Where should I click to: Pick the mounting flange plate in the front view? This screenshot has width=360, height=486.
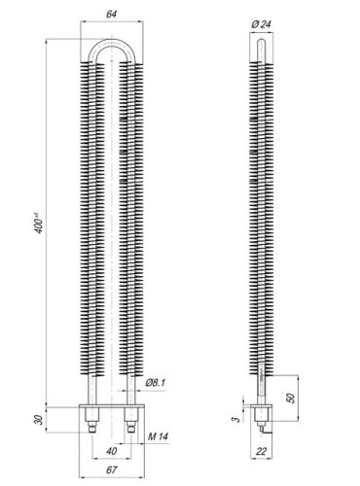pos(111,408)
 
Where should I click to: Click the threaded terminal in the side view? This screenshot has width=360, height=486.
pos(260,422)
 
